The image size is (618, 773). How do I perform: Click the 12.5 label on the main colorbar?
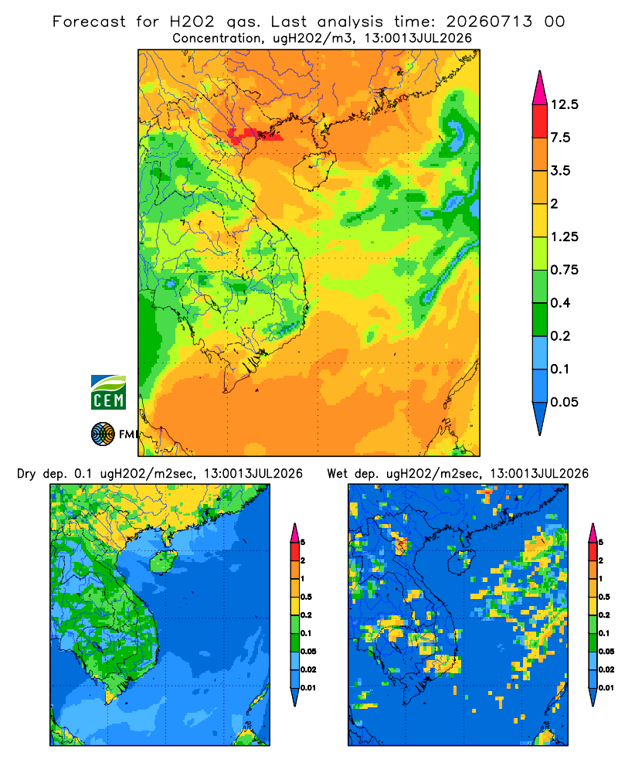coord(564,104)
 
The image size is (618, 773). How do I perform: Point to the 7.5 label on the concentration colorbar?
coord(560,138)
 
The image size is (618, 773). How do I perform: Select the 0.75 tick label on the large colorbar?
coord(564,270)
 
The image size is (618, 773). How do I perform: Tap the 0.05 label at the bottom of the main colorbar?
coord(564,402)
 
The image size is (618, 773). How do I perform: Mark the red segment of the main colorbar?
coord(540,121)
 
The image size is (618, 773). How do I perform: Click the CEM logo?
coord(108,393)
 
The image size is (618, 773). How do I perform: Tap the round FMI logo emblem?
coord(103,434)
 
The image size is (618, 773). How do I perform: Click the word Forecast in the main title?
coord(89,22)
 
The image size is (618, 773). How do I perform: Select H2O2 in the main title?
coord(192,22)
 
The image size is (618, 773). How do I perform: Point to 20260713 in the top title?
coord(489,22)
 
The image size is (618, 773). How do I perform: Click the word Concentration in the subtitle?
coord(217,39)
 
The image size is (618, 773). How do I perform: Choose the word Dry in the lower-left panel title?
coord(26,474)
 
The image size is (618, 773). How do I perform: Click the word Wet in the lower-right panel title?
coord(338,474)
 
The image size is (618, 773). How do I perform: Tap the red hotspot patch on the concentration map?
coord(254,135)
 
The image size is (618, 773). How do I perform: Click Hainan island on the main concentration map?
coord(314,170)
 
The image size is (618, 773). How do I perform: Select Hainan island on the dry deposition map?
coord(163,561)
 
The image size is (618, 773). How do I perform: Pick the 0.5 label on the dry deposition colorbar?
coord(306,597)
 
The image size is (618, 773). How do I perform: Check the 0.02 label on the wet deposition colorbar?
coord(606,669)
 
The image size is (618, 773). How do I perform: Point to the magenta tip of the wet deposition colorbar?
coord(593,533)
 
